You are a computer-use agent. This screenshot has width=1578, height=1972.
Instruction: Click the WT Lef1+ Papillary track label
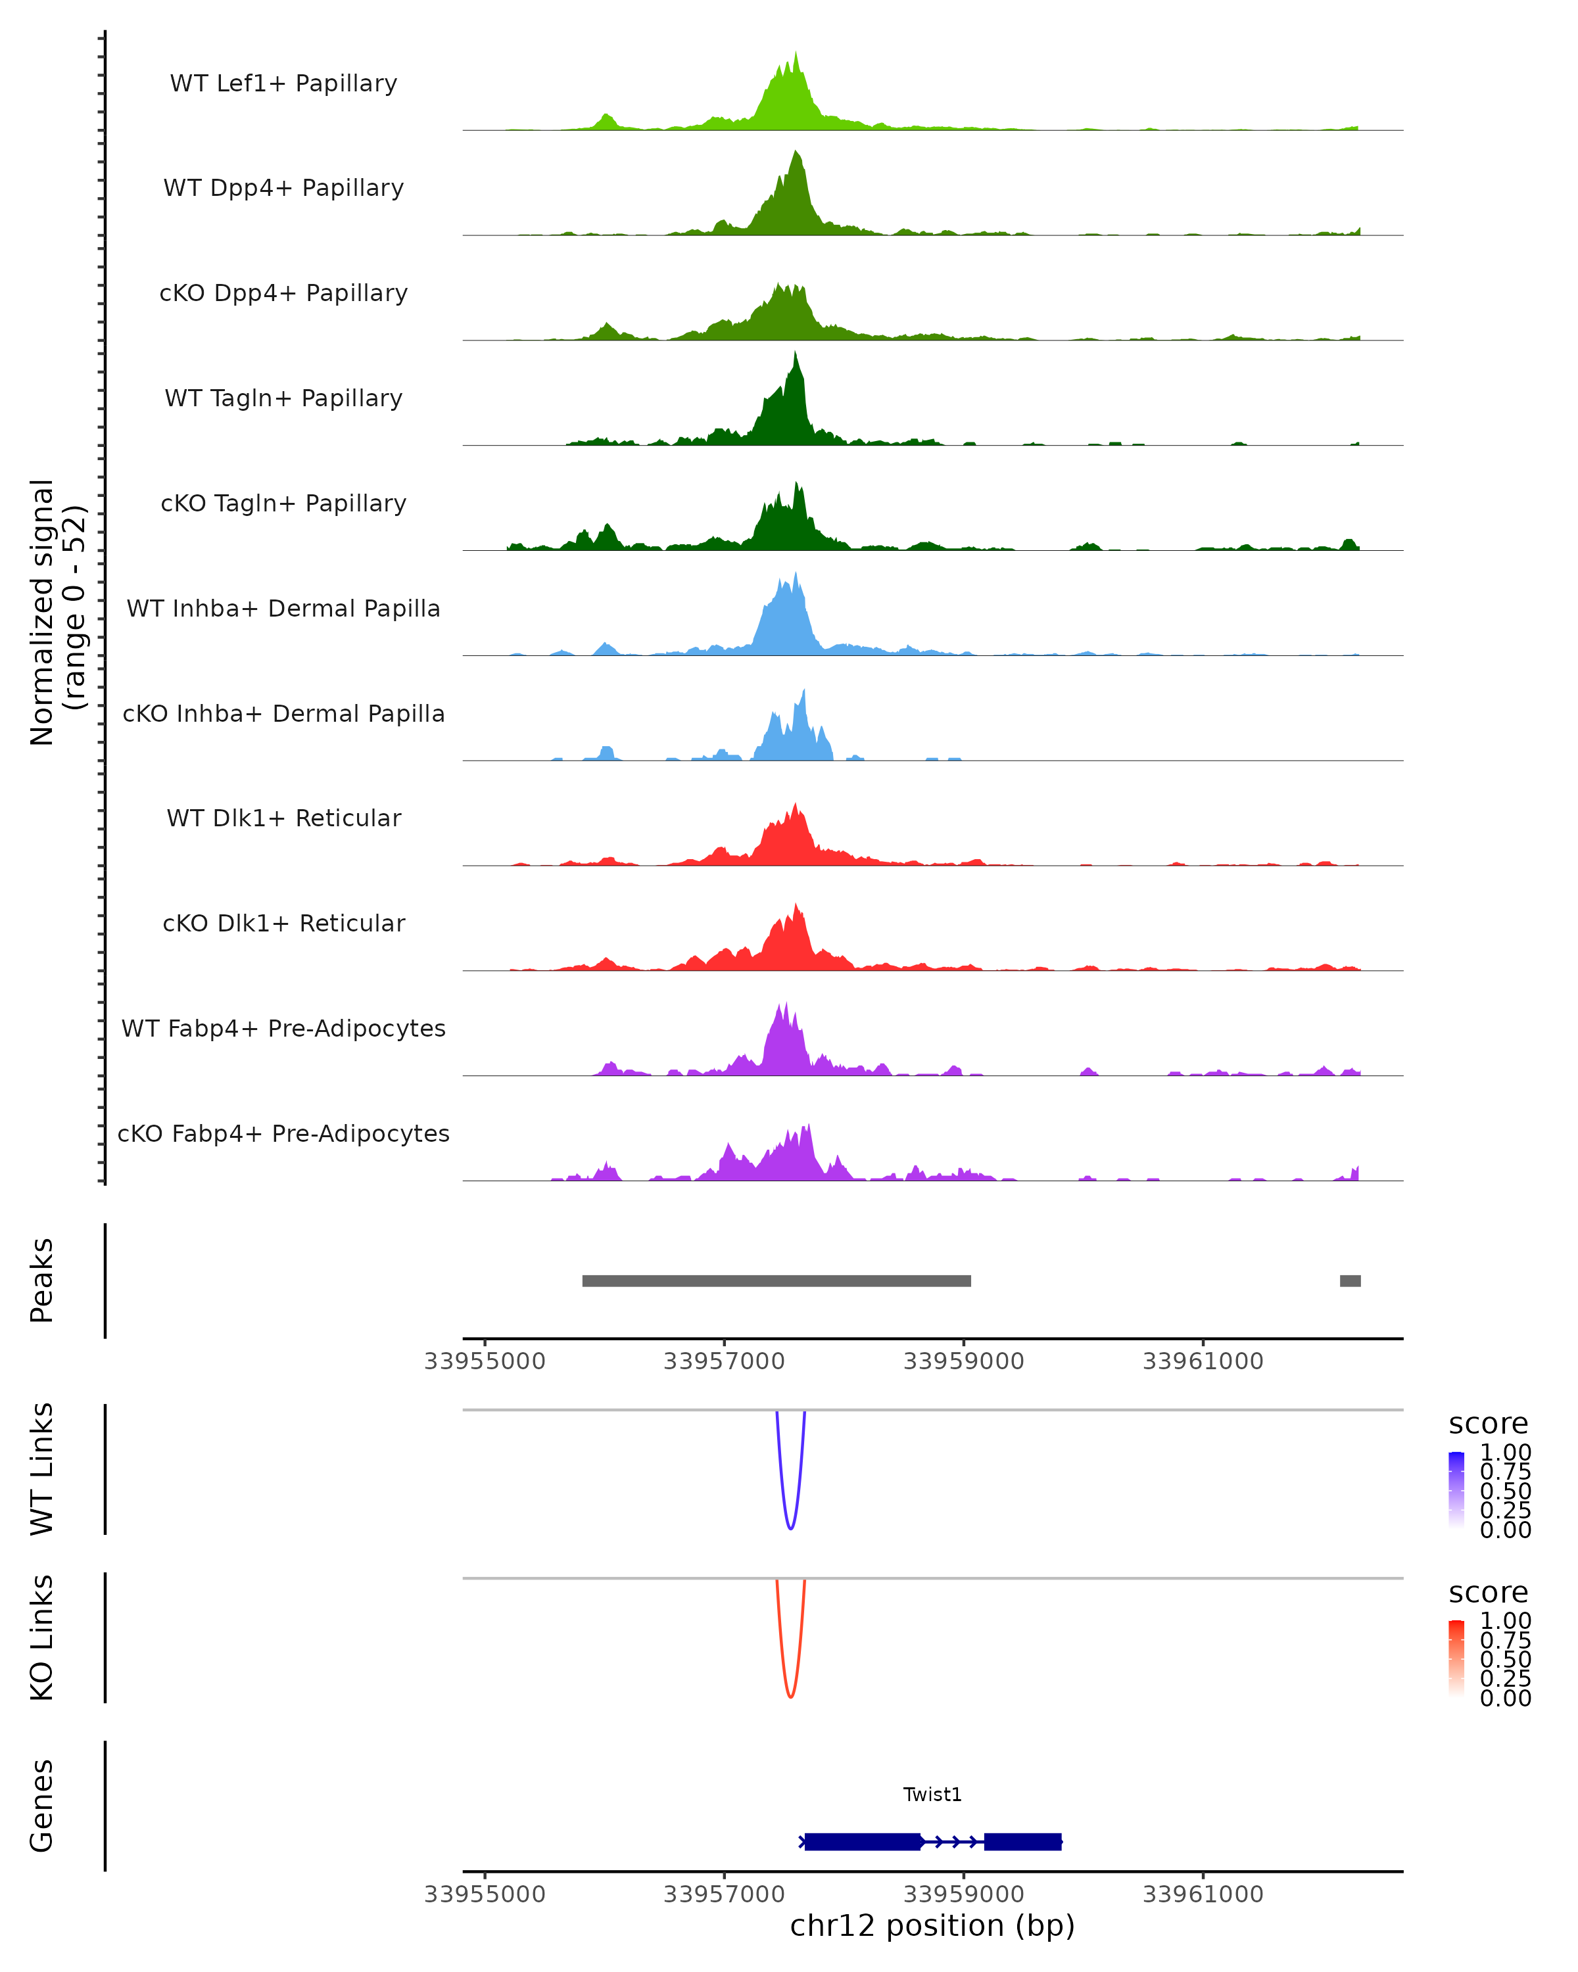tap(283, 83)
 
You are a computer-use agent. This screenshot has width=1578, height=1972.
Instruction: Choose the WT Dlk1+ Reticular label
tap(283, 818)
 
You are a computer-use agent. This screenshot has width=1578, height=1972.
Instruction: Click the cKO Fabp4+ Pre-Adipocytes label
tap(283, 1133)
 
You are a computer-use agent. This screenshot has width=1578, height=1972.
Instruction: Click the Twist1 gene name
tap(932, 1795)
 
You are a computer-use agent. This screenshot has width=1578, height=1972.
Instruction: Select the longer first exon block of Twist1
tap(863, 1842)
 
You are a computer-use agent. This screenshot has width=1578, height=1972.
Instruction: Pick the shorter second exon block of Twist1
tap(1022, 1842)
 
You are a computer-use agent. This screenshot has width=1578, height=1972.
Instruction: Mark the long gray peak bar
tap(777, 1280)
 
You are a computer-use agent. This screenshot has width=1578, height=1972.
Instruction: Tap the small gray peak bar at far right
tap(1351, 1280)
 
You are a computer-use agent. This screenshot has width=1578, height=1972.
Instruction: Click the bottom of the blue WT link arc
tap(790, 1528)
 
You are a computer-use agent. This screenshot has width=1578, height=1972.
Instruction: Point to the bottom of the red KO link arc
tap(790, 1697)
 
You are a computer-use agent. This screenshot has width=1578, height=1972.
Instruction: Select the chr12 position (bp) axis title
tap(932, 1925)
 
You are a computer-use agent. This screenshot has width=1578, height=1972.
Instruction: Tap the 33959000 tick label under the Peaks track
tap(963, 1361)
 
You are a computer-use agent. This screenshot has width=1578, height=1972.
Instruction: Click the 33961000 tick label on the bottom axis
tap(1203, 1893)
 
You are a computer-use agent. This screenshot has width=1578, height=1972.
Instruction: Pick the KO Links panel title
tap(42, 1637)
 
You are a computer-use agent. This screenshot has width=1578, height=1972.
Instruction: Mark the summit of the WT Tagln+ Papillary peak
tap(796, 353)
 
